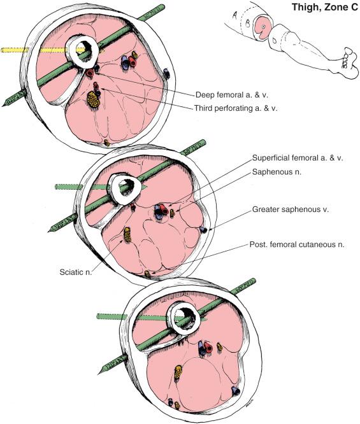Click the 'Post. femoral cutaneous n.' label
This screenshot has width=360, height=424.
click(296, 244)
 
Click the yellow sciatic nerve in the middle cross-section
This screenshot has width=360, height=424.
click(127, 234)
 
